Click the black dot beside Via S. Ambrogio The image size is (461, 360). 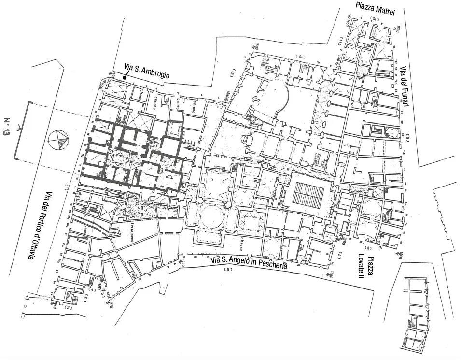tap(125, 77)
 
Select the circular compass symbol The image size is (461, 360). tap(58, 140)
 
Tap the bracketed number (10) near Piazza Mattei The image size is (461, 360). tap(374, 18)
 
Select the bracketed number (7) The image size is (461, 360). tap(339, 254)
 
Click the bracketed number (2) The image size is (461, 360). tap(69, 308)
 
